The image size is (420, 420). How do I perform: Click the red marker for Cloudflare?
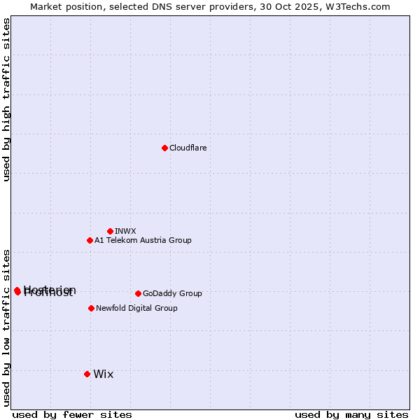164,148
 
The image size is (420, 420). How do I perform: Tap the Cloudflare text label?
188,148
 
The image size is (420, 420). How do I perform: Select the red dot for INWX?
110,231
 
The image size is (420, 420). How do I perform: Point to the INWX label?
125,231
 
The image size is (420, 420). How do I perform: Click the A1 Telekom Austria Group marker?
90,240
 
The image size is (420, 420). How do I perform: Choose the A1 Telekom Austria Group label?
143,240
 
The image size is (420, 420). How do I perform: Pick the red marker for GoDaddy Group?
138,293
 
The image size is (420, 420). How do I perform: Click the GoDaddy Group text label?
172,293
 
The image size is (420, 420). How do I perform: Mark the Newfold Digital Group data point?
91,308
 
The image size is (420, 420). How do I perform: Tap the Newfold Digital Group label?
136,308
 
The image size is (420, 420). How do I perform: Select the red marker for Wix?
87,374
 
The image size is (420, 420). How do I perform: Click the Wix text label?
103,374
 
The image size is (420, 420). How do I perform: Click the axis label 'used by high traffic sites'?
6,99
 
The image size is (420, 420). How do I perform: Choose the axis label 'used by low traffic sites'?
6,327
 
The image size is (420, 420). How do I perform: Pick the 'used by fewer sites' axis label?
72,414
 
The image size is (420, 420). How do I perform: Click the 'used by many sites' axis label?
351,414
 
